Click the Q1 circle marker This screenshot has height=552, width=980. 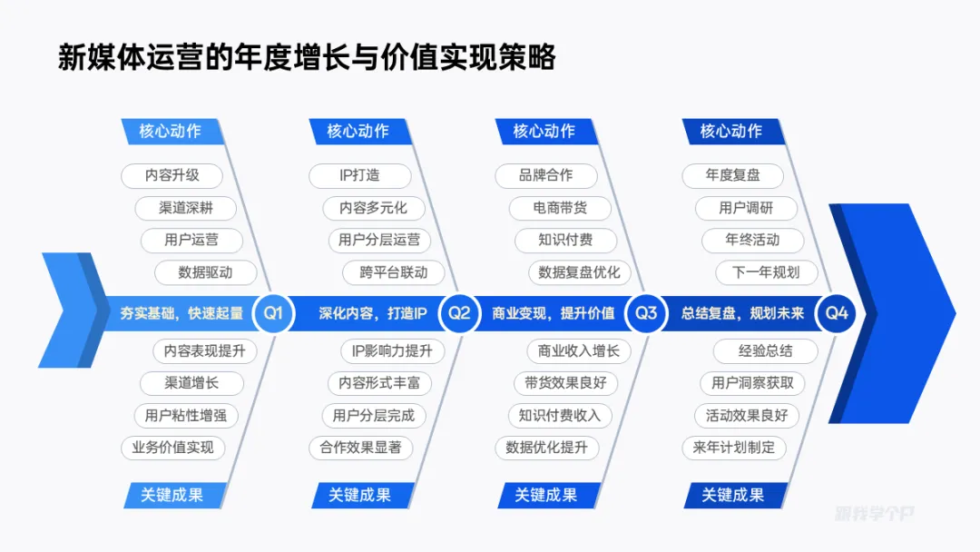pyautogui.click(x=273, y=313)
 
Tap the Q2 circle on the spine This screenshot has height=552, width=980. pyautogui.click(x=460, y=313)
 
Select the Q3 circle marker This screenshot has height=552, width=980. pyautogui.click(x=646, y=313)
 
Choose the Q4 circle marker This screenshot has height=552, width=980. pyautogui.click(x=836, y=313)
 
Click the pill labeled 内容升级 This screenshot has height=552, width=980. pyautogui.click(x=172, y=175)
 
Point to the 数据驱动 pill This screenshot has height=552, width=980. pyautogui.click(x=205, y=272)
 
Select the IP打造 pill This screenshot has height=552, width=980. pyautogui.click(x=360, y=175)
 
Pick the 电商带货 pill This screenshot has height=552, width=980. pyautogui.click(x=560, y=208)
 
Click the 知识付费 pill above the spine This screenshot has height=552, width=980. pyautogui.click(x=566, y=241)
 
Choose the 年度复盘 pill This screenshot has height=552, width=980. pyautogui.click(x=733, y=175)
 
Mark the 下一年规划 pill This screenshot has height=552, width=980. pyautogui.click(x=766, y=272)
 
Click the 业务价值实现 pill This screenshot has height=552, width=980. pyautogui.click(x=172, y=447)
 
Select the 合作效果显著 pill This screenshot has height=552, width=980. pyautogui.click(x=360, y=447)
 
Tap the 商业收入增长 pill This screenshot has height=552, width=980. pyautogui.click(x=579, y=351)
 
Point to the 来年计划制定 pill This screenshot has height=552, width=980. pyautogui.click(x=733, y=447)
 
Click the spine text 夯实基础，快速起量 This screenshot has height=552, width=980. pyautogui.click(x=181, y=313)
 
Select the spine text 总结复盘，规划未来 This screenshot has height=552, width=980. pyautogui.click(x=743, y=313)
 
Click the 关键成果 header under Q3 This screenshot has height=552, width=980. pyautogui.click(x=546, y=495)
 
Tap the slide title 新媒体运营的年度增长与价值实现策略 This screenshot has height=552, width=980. pyautogui.click(x=307, y=58)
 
